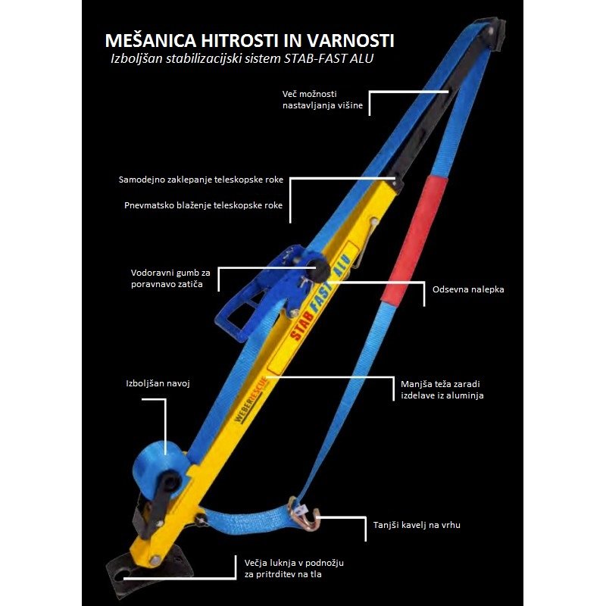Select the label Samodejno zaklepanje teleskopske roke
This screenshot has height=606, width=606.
point(201,180)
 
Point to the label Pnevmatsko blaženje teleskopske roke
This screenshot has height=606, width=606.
point(202,205)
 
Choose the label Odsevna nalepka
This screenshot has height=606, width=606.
point(467,289)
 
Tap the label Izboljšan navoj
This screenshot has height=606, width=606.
point(157,383)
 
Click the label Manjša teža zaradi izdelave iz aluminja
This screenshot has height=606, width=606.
point(442,389)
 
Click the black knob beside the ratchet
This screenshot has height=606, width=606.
point(320,270)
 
